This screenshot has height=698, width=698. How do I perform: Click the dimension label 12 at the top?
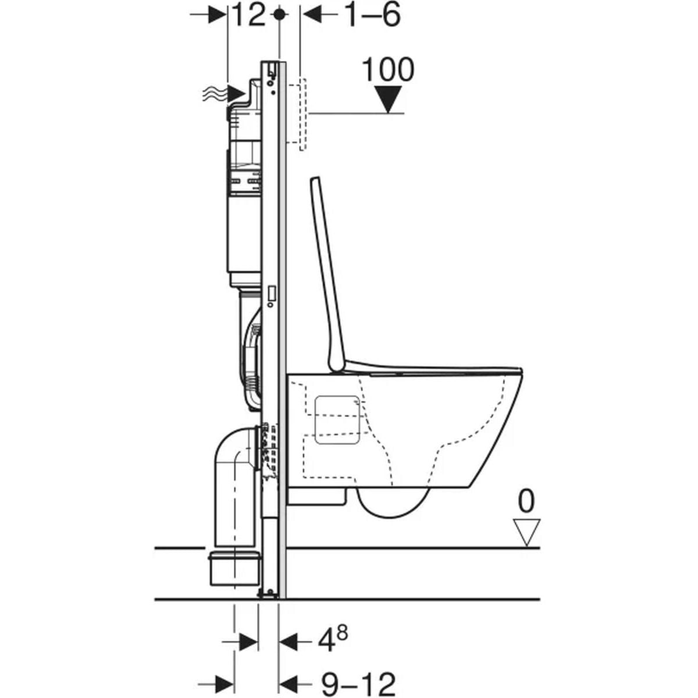pyautogui.click(x=249, y=15)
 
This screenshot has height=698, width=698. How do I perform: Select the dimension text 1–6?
pyautogui.click(x=373, y=15)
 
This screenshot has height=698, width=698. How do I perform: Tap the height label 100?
pyautogui.click(x=388, y=70)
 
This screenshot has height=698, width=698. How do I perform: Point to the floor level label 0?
pyautogui.click(x=526, y=501)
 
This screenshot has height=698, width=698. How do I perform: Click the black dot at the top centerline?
pyautogui.click(x=279, y=15)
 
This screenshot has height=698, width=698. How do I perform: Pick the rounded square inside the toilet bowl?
pyautogui.click(x=337, y=420)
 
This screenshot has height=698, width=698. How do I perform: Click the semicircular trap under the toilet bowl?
pyautogui.click(x=393, y=505)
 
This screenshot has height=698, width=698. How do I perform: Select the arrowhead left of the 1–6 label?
pyautogui.click(x=312, y=15)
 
